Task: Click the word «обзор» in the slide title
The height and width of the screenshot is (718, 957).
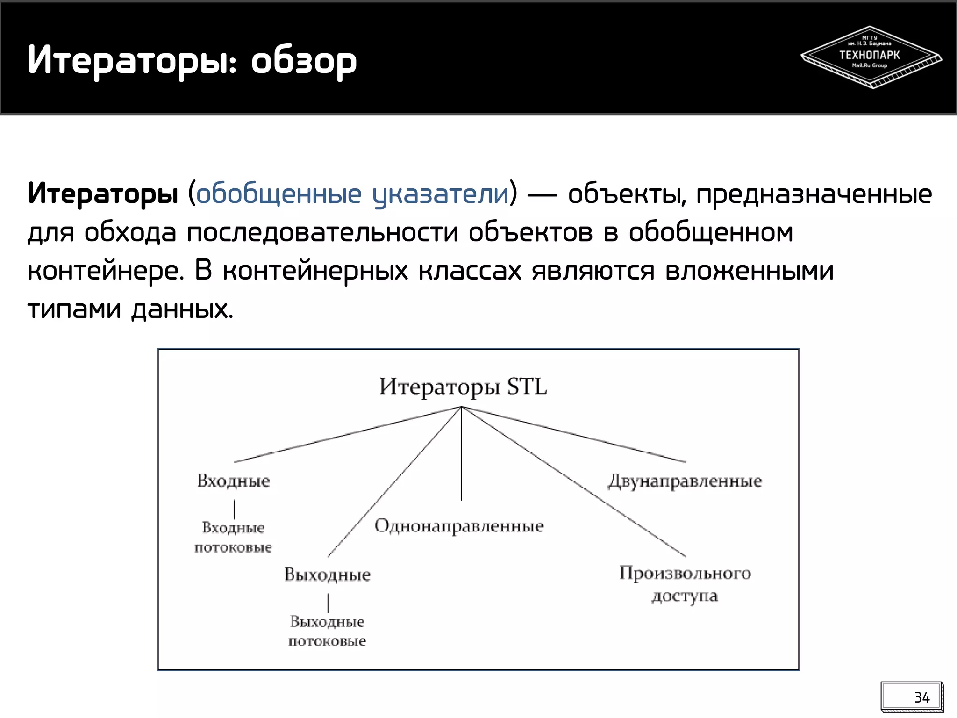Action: (x=304, y=61)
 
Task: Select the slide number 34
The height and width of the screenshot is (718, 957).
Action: (x=921, y=697)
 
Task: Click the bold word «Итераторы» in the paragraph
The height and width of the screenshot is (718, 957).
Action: (x=103, y=194)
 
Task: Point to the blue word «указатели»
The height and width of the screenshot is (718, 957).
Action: (x=440, y=194)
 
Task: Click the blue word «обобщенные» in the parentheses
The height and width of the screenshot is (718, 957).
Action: (x=279, y=194)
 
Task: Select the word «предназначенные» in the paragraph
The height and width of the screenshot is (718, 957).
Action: (x=814, y=194)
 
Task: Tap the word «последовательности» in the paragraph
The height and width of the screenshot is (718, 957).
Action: (x=322, y=232)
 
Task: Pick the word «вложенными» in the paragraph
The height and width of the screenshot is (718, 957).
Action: (x=749, y=271)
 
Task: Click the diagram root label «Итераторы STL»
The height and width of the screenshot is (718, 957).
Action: (x=463, y=387)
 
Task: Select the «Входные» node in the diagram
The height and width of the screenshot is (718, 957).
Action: (x=233, y=481)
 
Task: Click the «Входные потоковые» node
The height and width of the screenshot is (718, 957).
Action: (x=233, y=537)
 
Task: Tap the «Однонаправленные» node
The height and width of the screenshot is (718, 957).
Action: (x=459, y=526)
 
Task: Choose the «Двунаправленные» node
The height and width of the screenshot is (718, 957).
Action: (x=685, y=481)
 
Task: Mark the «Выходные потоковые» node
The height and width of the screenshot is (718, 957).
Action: (x=327, y=631)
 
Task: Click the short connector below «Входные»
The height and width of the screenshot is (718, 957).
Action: (x=234, y=509)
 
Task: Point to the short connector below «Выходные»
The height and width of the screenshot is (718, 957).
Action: (x=328, y=603)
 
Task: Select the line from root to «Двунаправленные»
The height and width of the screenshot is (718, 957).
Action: (x=575, y=434)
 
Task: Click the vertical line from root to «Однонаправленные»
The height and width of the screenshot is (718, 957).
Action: (x=461, y=453)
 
